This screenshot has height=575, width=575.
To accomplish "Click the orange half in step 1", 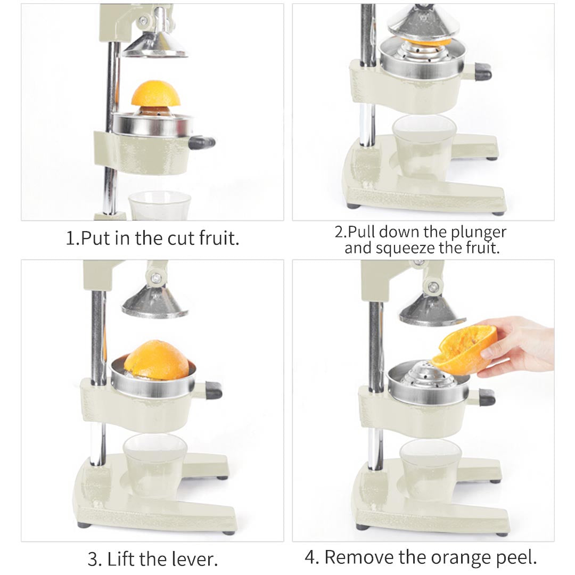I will click(x=155, y=95).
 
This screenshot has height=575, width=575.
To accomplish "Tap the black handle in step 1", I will click(x=203, y=142).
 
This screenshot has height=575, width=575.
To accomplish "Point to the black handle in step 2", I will click(x=482, y=71).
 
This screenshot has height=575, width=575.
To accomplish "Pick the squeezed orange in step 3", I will click(x=157, y=360).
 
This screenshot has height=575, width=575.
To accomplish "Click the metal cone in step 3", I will click(x=154, y=302).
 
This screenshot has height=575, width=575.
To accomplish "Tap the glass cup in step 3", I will click(x=154, y=463).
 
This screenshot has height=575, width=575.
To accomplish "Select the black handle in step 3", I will click(x=213, y=390).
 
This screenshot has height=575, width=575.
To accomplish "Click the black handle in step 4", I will click(x=487, y=397).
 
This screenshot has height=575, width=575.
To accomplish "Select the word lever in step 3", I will click(x=193, y=559).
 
